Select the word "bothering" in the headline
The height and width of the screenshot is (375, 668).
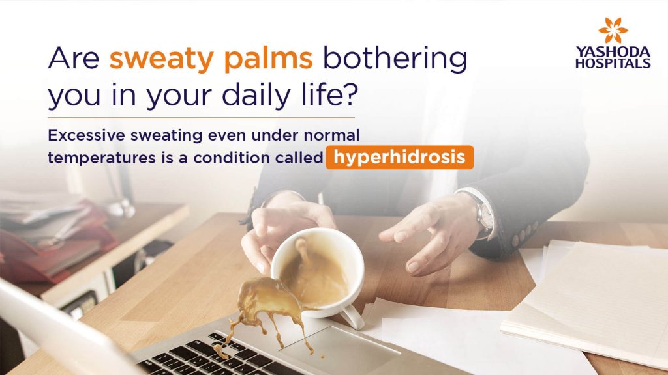[x=395, y=59]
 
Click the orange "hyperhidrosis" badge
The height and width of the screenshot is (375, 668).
[x=399, y=158]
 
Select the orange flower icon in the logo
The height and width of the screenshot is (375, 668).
[x=613, y=31]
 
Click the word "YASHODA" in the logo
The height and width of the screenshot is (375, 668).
[x=613, y=53]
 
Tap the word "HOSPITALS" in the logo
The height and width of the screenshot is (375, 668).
[x=613, y=63]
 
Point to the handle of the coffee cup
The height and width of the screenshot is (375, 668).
[x=352, y=316]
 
